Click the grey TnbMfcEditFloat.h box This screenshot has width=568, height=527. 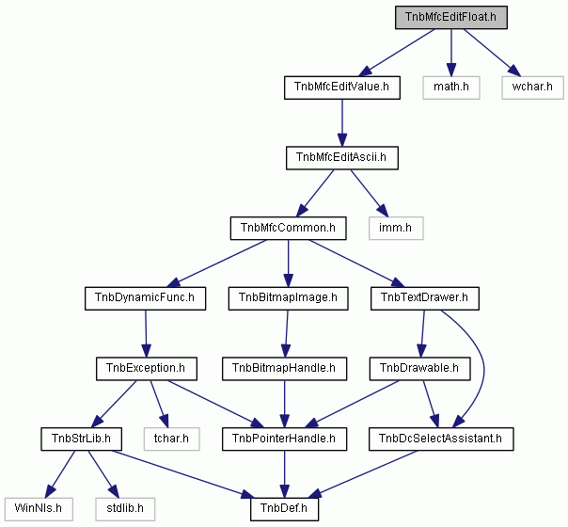click(x=451, y=17)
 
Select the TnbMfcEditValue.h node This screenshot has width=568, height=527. click(x=342, y=88)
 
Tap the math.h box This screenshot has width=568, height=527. click(x=451, y=88)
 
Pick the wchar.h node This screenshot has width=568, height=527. click(x=532, y=88)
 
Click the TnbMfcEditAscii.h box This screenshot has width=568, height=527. click(x=342, y=158)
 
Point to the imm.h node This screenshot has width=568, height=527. click(x=396, y=228)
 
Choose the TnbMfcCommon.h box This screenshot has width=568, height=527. click(x=289, y=228)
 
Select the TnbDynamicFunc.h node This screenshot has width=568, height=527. click(x=145, y=298)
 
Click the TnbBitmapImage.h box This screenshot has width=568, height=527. click(x=289, y=298)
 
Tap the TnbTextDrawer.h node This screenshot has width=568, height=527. click(x=425, y=298)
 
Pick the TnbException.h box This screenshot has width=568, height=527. click(x=147, y=369)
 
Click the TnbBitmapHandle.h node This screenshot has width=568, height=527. click(x=284, y=369)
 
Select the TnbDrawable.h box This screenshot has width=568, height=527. click(x=419, y=369)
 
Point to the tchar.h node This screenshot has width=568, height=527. click(x=171, y=439)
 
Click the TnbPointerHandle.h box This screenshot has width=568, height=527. click(x=284, y=439)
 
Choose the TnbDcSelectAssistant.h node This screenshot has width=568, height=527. click(x=441, y=439)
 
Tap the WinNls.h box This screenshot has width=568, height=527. click(x=39, y=509)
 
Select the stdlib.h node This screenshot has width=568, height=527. click(x=125, y=509)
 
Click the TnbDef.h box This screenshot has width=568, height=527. click(x=284, y=509)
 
